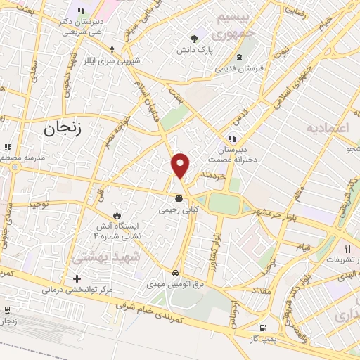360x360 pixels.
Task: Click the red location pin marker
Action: (x=181, y=165)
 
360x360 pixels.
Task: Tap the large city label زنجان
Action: (x=63, y=129)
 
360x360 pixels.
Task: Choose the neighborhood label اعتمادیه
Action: (x=327, y=129)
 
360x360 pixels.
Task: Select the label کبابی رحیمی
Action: (x=178, y=209)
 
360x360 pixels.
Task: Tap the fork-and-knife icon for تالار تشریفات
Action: (x=347, y=248)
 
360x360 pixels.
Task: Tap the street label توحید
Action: (x=41, y=203)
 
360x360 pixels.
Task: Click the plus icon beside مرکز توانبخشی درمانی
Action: (x=77, y=278)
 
